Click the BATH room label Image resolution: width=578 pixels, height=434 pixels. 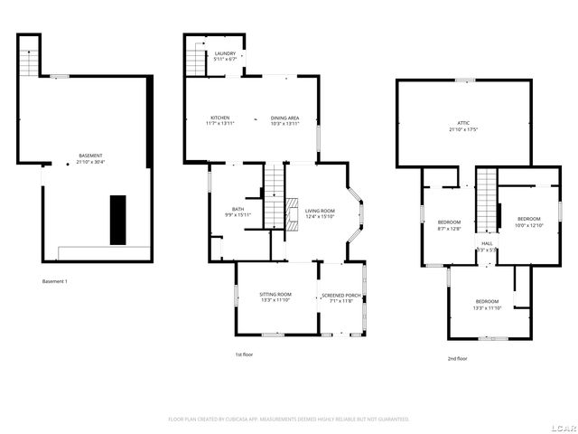tap(238, 212)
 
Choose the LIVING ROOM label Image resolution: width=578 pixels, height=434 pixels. tap(320, 212)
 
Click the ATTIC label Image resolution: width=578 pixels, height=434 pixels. tap(462, 126)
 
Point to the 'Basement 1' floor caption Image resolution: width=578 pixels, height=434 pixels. tap(55, 281)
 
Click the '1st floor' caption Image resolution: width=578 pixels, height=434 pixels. tap(244, 354)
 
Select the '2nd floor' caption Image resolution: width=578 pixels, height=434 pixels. tap(457, 358)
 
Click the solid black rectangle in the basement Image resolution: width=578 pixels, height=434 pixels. tap(118, 219)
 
